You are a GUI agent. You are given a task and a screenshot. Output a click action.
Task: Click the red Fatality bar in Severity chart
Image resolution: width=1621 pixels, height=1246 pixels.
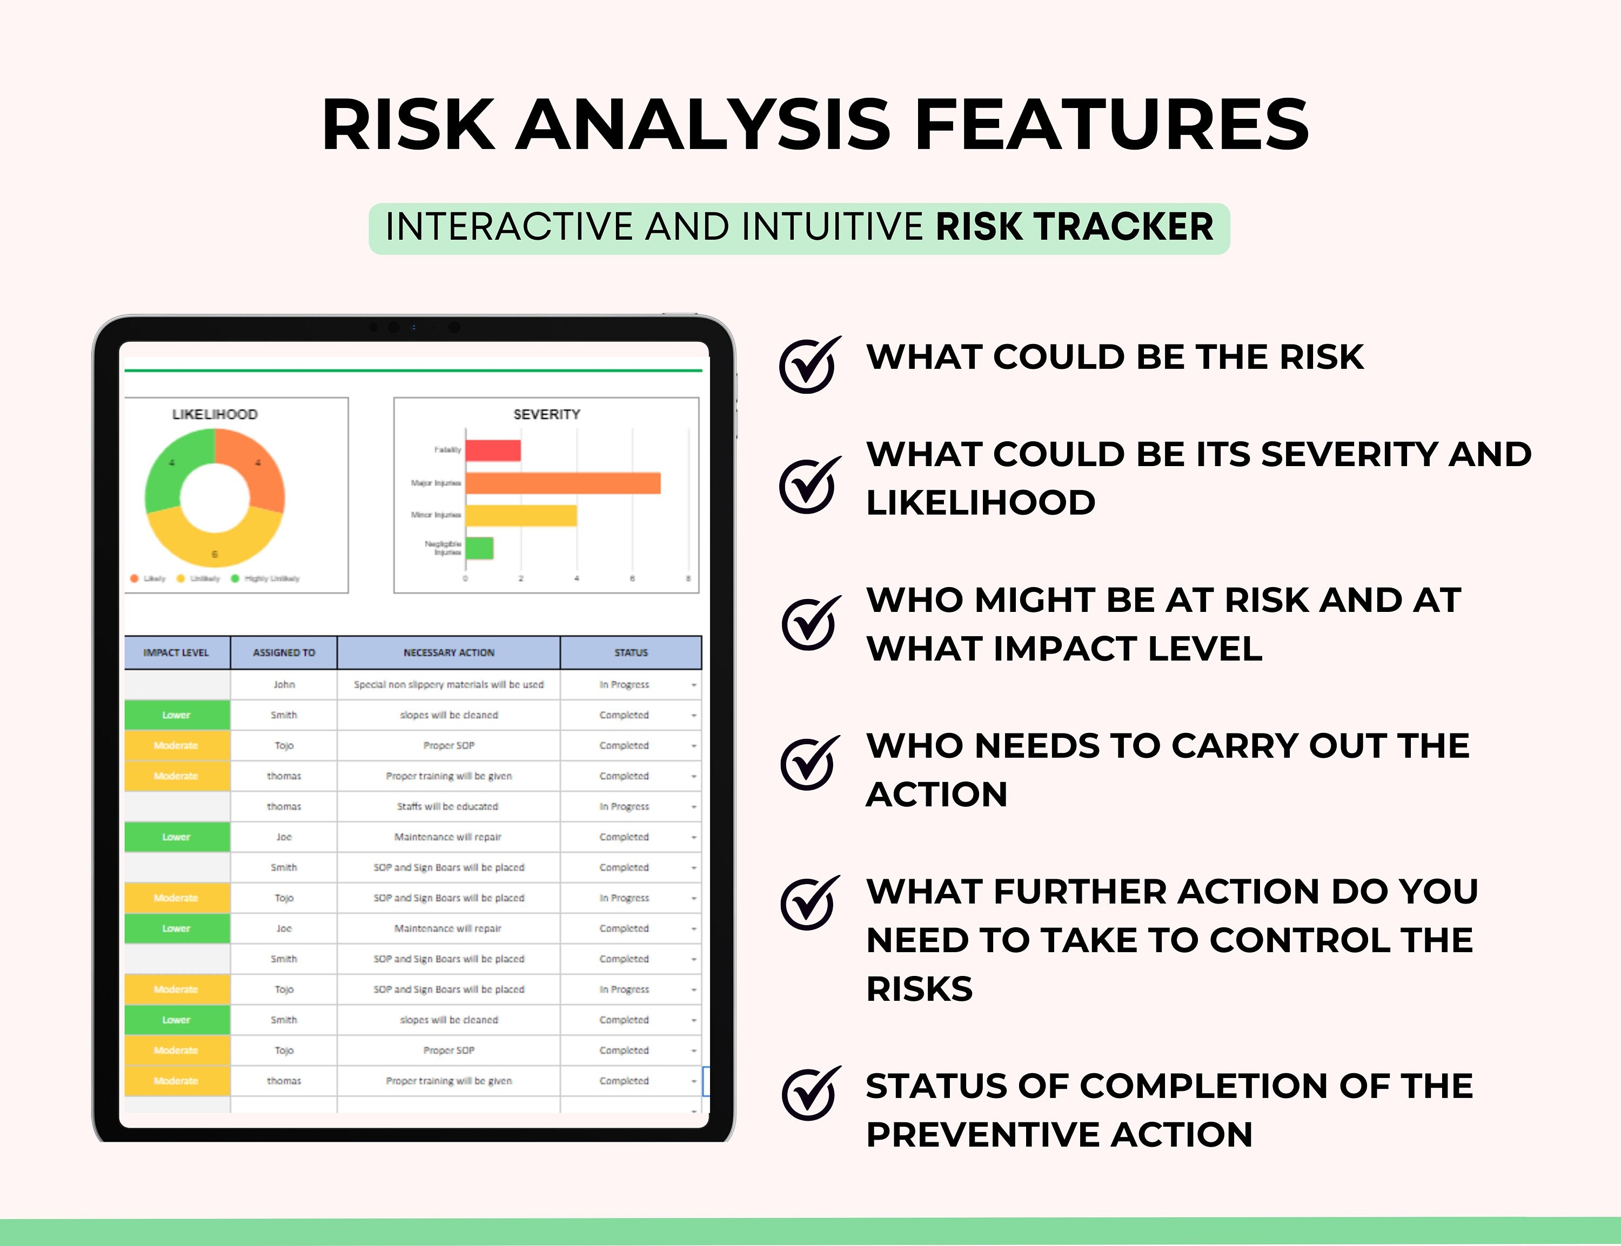pos(493,450)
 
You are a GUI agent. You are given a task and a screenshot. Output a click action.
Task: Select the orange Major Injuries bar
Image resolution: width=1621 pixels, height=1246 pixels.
pos(563,483)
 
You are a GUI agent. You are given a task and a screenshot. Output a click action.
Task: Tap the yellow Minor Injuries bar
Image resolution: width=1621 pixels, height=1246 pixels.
pos(521,515)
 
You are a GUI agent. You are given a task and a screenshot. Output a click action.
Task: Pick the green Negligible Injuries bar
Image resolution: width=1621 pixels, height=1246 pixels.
pos(479,548)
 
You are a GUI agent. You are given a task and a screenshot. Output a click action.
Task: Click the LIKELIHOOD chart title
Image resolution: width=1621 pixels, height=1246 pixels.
pos(215,414)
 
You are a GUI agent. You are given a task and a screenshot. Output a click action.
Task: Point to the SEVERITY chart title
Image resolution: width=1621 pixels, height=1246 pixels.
pos(547,414)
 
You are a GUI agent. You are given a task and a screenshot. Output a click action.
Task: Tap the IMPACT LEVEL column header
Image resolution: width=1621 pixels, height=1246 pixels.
pos(177,652)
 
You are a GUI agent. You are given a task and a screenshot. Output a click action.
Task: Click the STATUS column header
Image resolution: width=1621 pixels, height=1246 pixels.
pos(631,652)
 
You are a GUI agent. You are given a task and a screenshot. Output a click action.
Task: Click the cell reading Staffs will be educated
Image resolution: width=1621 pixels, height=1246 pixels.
pos(447,806)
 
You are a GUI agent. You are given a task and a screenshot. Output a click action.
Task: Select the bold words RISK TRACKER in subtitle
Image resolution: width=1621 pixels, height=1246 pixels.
pos(1074,227)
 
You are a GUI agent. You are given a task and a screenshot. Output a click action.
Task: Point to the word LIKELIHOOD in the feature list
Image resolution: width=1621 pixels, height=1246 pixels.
pos(980,503)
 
